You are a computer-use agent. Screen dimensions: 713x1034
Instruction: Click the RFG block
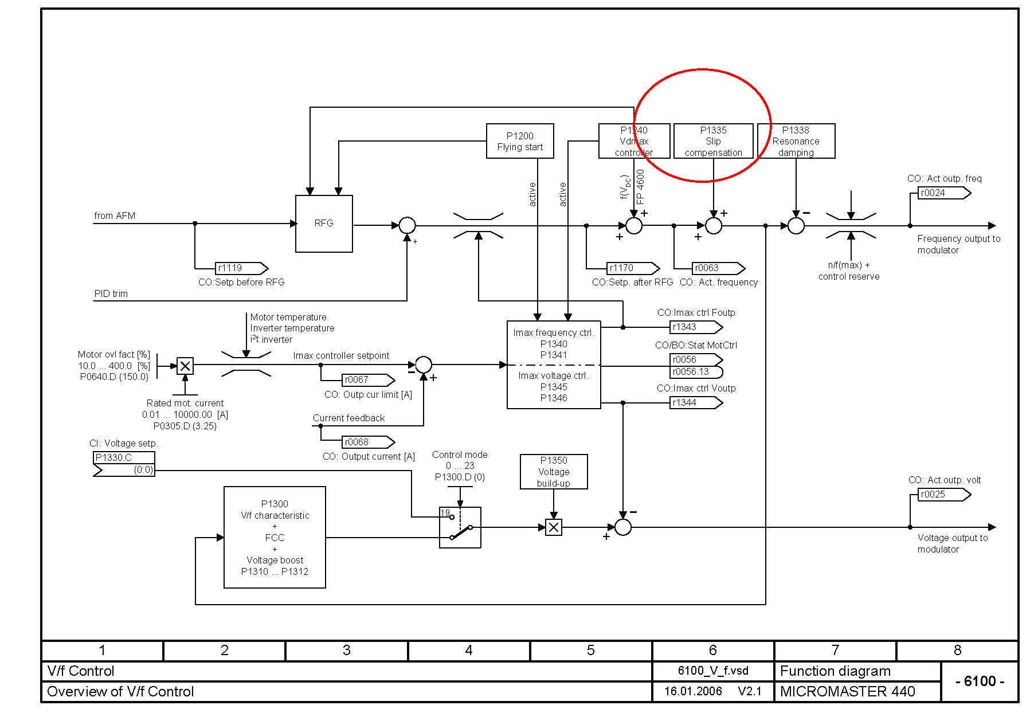(324, 224)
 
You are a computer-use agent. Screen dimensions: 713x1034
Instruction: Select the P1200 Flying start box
(520, 141)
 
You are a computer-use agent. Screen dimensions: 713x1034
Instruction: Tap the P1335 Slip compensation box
(713, 141)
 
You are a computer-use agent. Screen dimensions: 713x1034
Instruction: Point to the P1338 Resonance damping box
(796, 141)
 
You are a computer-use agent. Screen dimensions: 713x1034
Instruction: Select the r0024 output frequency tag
(943, 193)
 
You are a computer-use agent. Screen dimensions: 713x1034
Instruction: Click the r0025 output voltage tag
(943, 495)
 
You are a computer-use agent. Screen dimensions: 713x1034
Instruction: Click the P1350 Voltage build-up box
(554, 472)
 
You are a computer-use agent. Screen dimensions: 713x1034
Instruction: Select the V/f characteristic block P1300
(275, 537)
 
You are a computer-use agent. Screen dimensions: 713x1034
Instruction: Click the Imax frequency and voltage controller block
(554, 365)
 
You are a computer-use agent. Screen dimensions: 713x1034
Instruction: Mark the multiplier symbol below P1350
(554, 527)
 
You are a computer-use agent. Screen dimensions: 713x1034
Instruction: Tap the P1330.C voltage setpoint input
(124, 464)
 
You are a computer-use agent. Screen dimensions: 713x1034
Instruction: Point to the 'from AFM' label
(115, 216)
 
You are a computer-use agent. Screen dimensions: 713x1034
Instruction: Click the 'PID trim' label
(111, 294)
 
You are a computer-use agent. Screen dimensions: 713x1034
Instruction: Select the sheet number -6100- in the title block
(980, 681)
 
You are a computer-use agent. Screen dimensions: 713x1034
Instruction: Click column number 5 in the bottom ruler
(590, 651)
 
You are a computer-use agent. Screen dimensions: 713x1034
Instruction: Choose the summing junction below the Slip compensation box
(713, 226)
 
